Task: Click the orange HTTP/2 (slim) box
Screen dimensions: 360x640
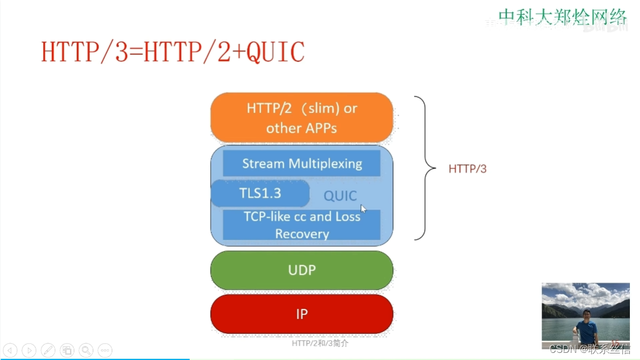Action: pyautogui.click(x=302, y=118)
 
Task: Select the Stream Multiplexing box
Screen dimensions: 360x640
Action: pyautogui.click(x=302, y=164)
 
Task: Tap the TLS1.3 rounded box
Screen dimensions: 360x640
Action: pyautogui.click(x=260, y=193)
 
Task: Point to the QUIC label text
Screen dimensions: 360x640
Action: pyautogui.click(x=340, y=196)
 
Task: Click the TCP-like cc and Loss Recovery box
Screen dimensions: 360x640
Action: pyautogui.click(x=302, y=225)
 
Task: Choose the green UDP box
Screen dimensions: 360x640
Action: pyautogui.click(x=302, y=270)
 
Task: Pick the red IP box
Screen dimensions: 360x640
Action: pyautogui.click(x=302, y=314)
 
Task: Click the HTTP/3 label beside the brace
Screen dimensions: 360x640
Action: pyautogui.click(x=468, y=169)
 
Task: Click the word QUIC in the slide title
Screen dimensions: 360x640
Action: pyautogui.click(x=275, y=52)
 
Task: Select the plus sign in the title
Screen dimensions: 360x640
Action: pyautogui.click(x=239, y=53)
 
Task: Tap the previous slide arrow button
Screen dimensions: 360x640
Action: pyautogui.click(x=10, y=350)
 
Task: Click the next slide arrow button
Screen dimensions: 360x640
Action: pyautogui.click(x=29, y=350)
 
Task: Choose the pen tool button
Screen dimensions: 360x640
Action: pyautogui.click(x=48, y=350)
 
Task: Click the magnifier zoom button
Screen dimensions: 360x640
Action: pyautogui.click(x=86, y=350)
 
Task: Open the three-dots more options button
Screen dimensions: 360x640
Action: pyautogui.click(x=105, y=350)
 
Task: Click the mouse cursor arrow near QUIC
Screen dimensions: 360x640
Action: pyautogui.click(x=363, y=208)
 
